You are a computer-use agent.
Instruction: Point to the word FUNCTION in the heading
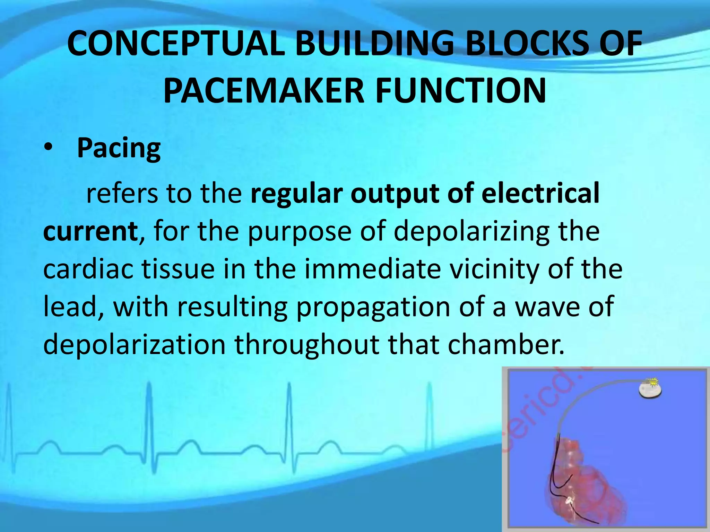(x=461, y=91)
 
